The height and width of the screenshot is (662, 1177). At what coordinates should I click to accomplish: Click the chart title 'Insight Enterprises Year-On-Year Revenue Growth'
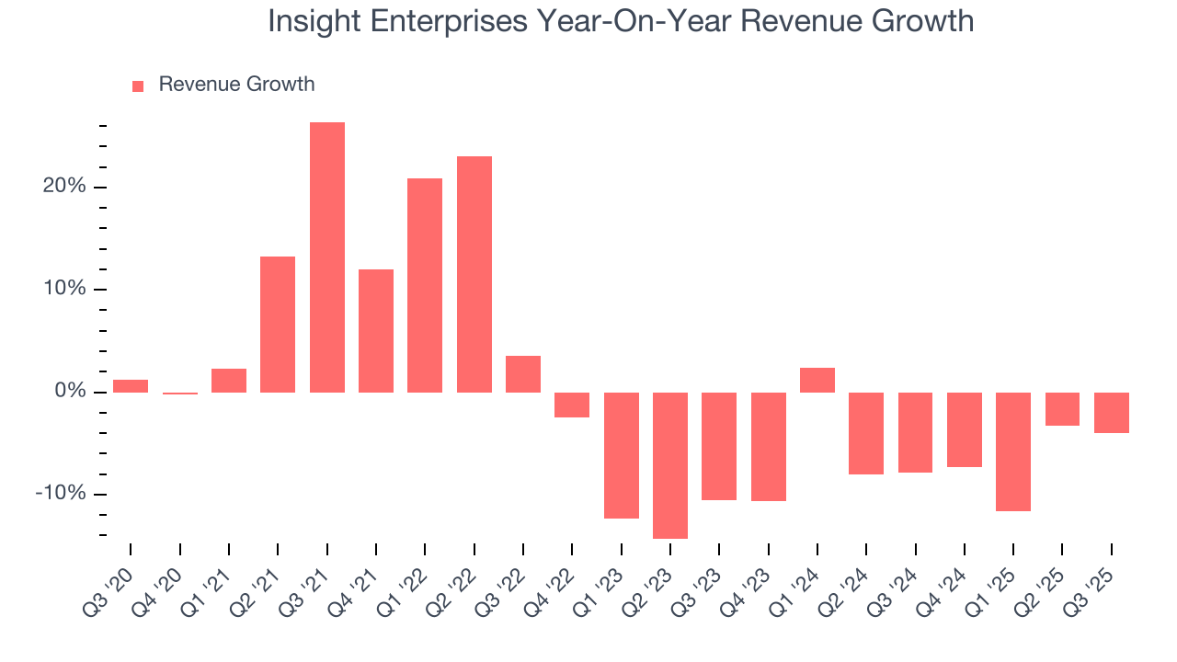(621, 21)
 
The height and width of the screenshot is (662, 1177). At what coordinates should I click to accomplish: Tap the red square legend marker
(138, 86)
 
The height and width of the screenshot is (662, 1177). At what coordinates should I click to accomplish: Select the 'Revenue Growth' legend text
(236, 85)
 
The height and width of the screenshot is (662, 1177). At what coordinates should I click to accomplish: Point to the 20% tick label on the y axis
(64, 187)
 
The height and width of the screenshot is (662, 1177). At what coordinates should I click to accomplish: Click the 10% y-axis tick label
(64, 290)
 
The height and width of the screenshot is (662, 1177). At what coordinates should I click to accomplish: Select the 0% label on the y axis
(70, 392)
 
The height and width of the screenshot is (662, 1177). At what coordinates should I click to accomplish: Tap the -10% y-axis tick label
(61, 494)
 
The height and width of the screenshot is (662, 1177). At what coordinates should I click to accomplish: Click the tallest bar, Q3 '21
(327, 257)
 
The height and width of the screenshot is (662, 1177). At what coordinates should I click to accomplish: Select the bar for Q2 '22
(474, 274)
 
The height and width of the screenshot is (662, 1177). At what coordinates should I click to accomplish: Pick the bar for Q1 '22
(425, 285)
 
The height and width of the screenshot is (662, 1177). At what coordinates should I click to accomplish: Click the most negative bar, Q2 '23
(670, 465)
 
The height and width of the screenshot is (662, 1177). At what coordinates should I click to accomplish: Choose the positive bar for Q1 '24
(817, 380)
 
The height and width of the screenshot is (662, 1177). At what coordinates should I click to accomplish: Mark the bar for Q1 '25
(1013, 451)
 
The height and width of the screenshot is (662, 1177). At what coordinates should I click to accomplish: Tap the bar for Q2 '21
(278, 325)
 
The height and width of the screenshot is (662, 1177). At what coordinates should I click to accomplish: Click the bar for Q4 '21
(376, 331)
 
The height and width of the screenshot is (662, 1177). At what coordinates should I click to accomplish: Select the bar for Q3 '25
(1112, 413)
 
